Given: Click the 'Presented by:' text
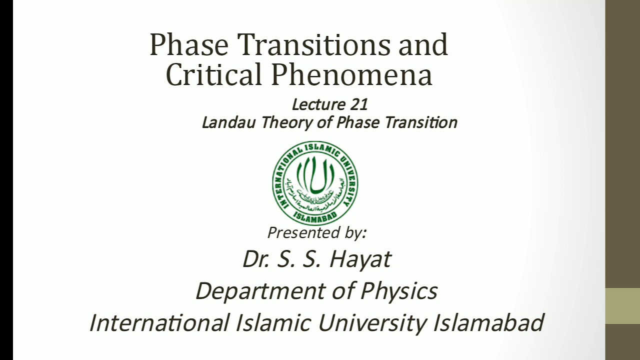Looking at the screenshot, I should tap(317, 232).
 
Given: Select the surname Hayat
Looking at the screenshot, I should tap(360, 259).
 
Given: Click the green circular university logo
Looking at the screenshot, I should tap(315, 182).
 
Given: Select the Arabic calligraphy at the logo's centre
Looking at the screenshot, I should tap(315, 177).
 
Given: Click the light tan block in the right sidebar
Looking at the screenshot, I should tap(622, 306).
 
